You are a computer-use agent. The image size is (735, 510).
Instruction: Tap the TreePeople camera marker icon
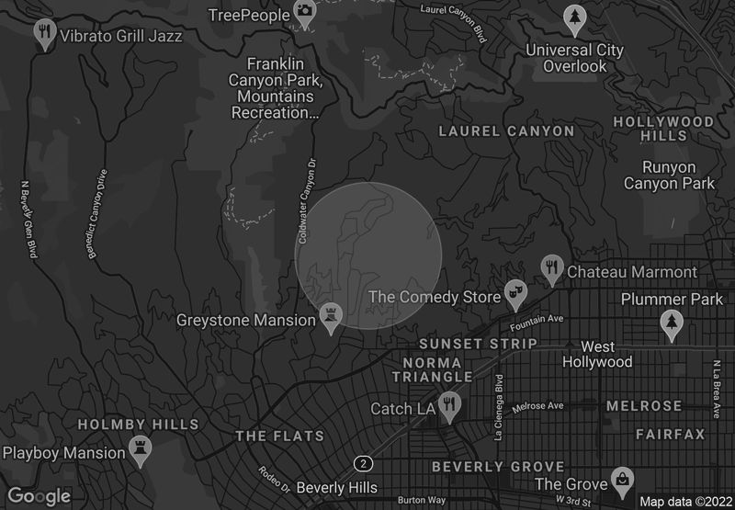pos(304,11)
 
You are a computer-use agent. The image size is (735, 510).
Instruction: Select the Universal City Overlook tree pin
pos(574,17)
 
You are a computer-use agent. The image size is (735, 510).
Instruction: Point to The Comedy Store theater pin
pos(515,294)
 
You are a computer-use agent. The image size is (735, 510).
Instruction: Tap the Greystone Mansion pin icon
pos(331,316)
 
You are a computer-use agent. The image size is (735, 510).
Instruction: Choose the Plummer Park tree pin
pos(672,323)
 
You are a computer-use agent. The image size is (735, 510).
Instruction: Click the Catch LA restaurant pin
pos(448,405)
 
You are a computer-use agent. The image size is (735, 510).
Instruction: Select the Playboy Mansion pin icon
pos(140,451)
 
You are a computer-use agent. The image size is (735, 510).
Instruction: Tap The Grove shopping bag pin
pos(623,481)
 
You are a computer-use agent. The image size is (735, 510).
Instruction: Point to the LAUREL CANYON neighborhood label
pos(506,131)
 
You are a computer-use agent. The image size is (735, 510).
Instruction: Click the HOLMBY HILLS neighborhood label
pos(138,425)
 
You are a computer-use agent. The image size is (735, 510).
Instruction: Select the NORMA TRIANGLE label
pos(433,368)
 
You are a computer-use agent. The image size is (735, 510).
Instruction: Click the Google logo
pos(40,496)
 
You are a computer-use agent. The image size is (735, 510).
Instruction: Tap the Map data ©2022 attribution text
pos(684,501)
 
